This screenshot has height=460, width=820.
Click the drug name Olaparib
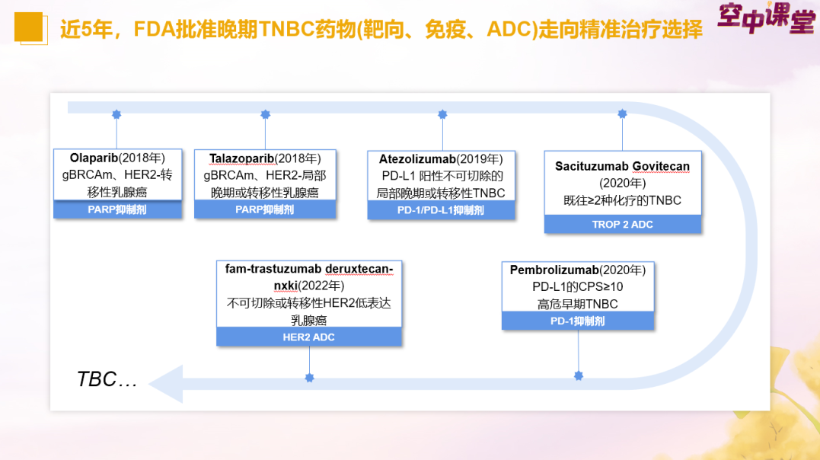(91, 158)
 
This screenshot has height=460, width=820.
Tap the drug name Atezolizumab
(417, 159)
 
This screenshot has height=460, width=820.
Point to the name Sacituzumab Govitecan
(622, 166)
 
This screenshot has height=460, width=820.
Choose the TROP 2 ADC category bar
(622, 225)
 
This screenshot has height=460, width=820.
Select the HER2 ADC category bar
(308, 337)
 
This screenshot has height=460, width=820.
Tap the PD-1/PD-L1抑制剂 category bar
(441, 210)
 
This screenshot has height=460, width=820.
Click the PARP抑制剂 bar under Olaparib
(117, 209)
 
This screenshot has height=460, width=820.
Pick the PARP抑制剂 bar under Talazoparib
(264, 209)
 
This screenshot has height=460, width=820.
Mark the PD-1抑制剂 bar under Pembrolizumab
(578, 321)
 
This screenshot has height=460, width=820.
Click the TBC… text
(107, 379)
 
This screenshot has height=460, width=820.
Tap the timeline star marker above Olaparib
(116, 114)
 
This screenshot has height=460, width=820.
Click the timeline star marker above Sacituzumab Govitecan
(622, 114)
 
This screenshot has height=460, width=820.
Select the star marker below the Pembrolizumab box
(578, 375)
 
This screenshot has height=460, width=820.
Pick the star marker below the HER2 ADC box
(309, 377)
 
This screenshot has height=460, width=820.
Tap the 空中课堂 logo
(765, 19)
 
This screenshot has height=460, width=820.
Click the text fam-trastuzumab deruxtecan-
(309, 269)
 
